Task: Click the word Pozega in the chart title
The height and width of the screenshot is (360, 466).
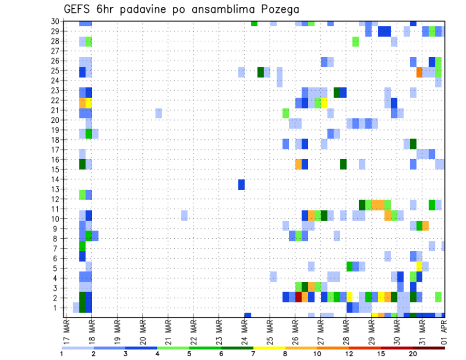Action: point(277,9)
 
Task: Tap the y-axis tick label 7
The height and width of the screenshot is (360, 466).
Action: point(56,248)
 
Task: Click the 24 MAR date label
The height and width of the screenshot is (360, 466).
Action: point(244,332)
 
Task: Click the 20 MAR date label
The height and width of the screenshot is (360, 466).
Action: point(143,332)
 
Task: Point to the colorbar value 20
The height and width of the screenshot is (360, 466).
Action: point(412,353)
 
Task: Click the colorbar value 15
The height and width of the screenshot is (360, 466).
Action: point(381,353)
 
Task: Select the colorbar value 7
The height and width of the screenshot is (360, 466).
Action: point(253,353)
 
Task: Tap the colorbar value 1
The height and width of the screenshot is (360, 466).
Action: point(62,353)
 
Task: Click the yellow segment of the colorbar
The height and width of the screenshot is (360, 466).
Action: point(269,348)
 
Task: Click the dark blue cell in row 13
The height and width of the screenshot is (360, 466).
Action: point(241,184)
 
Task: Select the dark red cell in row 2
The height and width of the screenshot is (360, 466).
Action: point(299,297)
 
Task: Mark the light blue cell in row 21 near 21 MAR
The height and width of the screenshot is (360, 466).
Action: point(159,113)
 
